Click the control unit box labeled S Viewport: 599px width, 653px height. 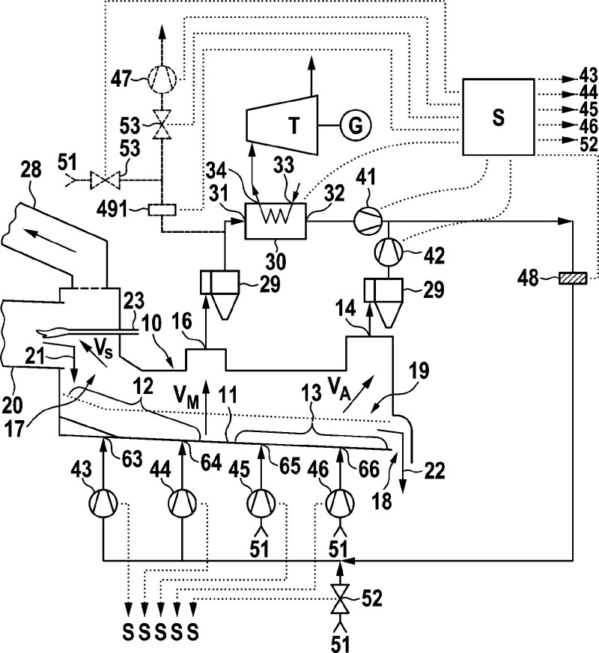[498, 117]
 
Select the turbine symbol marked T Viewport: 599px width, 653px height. [282, 124]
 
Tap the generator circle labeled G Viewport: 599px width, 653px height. [355, 125]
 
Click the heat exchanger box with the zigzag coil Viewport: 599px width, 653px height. [276, 221]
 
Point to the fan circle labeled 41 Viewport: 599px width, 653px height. [368, 221]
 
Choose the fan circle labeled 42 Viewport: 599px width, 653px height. [389, 252]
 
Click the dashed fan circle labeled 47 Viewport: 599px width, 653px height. [162, 79]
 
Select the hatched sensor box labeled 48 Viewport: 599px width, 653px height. [573, 278]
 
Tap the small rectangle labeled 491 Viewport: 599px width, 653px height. [162, 210]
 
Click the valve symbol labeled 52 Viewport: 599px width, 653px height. [340, 598]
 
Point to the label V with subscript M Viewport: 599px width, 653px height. [186, 395]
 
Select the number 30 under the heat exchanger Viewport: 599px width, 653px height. [276, 261]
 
